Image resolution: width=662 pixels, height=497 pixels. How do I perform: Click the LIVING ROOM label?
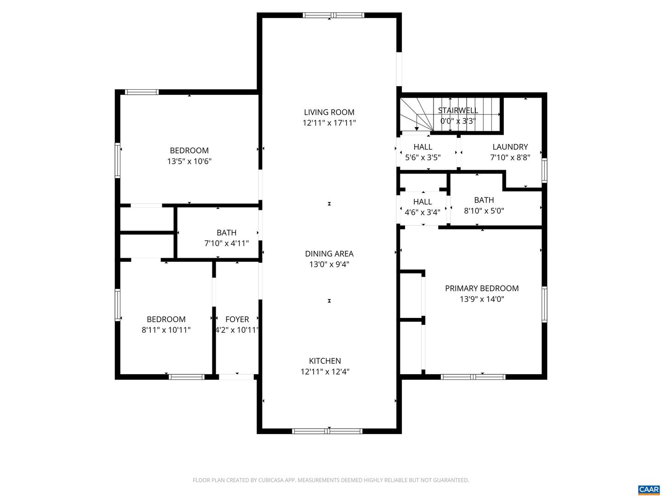[x=329, y=112]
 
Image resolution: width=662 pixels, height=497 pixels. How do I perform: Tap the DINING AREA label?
[x=329, y=254]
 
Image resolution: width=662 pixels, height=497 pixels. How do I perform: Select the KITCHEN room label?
[x=325, y=361]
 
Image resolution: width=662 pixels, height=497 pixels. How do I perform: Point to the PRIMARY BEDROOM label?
[x=482, y=289]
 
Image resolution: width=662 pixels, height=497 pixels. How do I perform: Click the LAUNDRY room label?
[x=510, y=147]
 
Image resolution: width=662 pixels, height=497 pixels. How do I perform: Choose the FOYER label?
[x=237, y=319]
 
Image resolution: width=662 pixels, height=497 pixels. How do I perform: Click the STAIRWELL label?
[x=458, y=110]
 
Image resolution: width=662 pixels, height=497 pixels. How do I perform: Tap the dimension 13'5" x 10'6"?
[x=189, y=162]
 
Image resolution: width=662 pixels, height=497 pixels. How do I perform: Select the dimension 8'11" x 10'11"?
[x=166, y=330]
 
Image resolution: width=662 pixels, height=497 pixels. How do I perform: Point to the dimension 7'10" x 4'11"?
[x=227, y=243]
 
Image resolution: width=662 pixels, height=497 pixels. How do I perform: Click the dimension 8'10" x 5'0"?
[x=484, y=211]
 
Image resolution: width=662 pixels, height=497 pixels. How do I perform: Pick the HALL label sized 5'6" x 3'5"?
[x=422, y=147]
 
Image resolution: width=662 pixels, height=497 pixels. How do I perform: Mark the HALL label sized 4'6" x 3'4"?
[x=422, y=202]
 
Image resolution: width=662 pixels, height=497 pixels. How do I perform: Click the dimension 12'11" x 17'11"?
[x=329, y=123]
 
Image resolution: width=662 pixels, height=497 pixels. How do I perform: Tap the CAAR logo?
[x=649, y=490]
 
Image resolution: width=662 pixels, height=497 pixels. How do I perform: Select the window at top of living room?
[x=333, y=15]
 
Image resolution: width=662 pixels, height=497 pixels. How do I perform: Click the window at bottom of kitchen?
[x=327, y=431]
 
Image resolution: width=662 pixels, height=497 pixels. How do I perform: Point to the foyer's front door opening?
[x=236, y=377]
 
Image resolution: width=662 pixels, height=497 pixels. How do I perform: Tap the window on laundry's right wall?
[x=544, y=170]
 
